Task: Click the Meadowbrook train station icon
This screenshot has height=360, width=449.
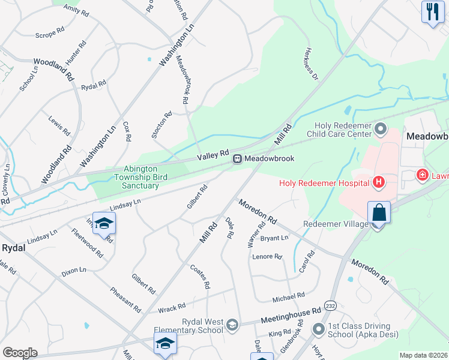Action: (238, 159)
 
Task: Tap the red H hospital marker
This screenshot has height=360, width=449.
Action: (379, 181)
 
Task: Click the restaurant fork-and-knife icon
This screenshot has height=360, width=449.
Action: (433, 11)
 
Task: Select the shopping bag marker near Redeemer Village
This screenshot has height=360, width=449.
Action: (379, 212)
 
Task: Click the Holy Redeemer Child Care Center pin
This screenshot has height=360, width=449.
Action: (380, 129)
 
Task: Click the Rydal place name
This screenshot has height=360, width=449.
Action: (13, 247)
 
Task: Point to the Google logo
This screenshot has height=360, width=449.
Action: (20, 353)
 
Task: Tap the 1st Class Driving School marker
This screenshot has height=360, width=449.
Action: (318, 329)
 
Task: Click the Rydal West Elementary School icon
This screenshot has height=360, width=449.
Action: (231, 326)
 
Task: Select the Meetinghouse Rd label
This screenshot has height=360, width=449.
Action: (291, 316)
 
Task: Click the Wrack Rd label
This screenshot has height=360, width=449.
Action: (172, 308)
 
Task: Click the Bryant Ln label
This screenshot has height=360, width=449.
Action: (274, 239)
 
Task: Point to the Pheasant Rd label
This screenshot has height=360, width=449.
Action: (125, 299)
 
